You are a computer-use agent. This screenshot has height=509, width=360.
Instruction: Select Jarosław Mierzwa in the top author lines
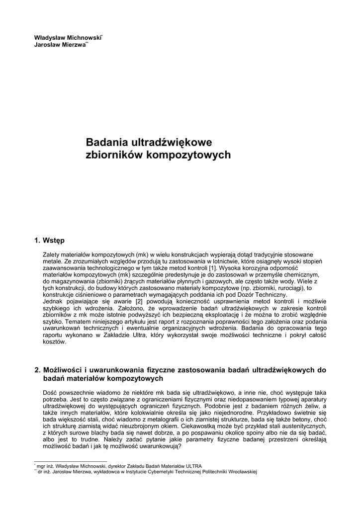(x=59, y=44)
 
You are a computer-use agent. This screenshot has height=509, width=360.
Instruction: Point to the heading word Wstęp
(x=54, y=241)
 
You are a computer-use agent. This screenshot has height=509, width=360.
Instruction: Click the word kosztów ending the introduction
(x=54, y=342)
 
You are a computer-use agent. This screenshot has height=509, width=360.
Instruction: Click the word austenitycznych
(x=303, y=426)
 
